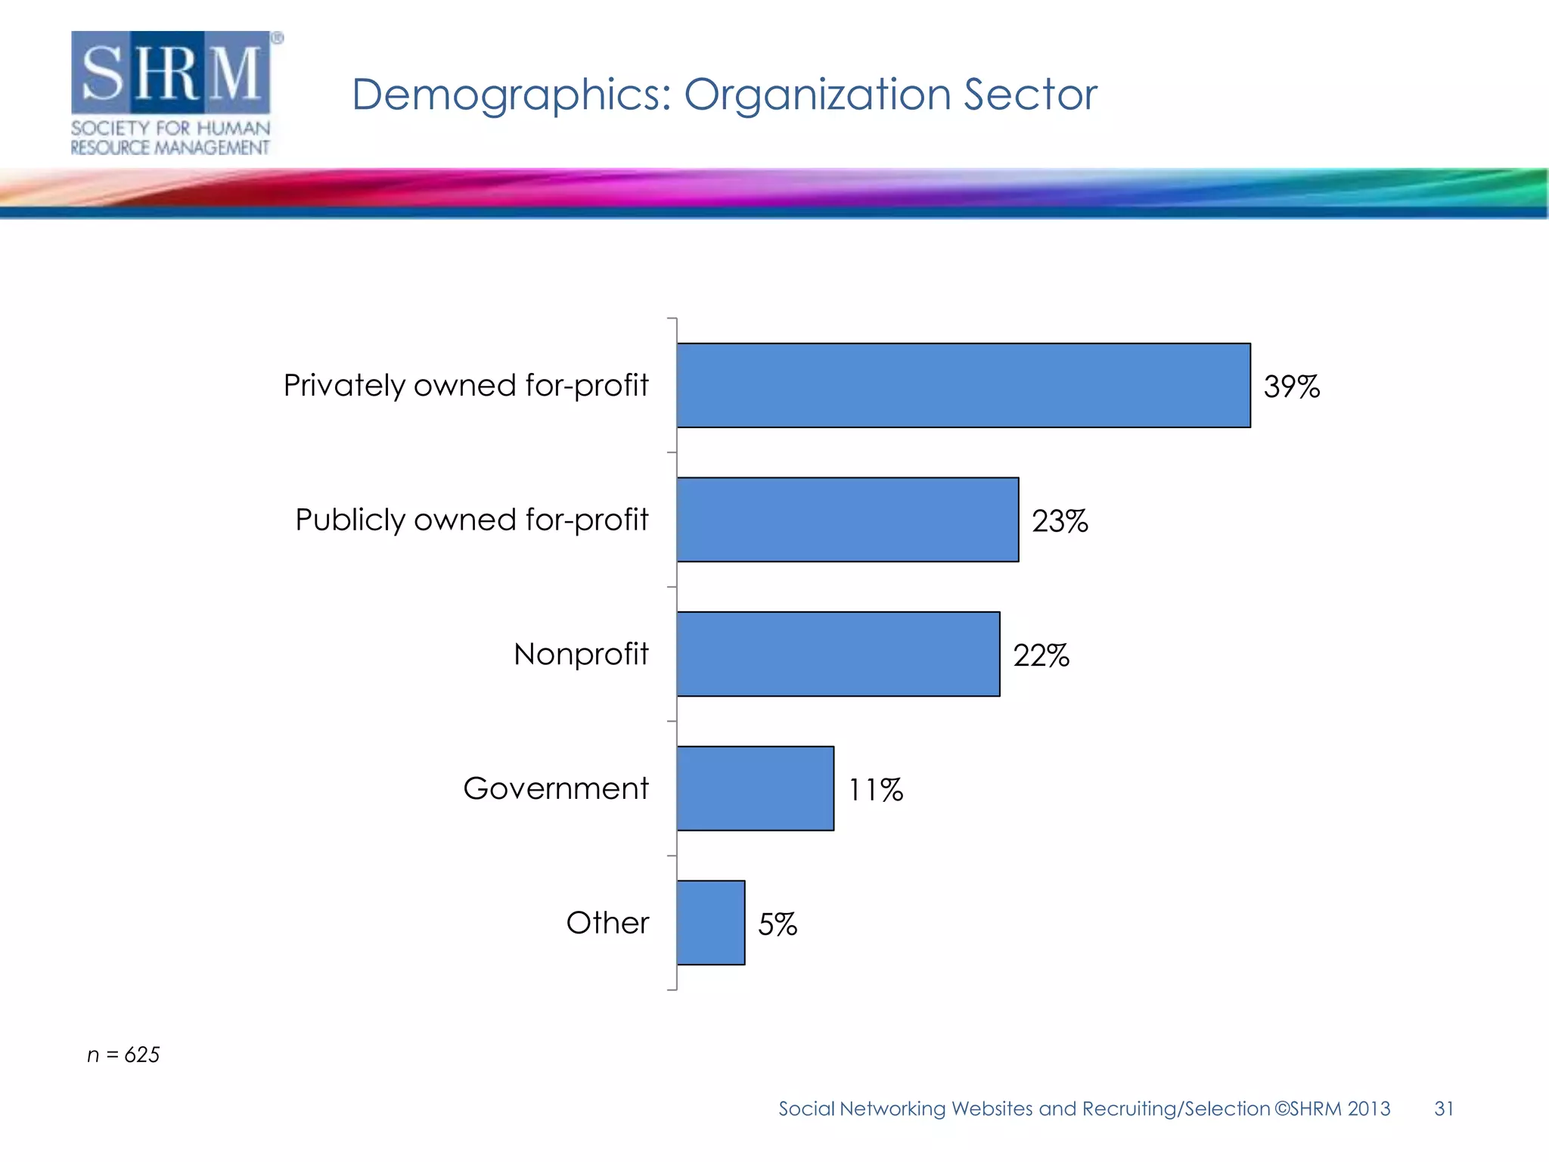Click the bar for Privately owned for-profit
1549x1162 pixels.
[963, 385]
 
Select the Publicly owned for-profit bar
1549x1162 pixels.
[847, 520]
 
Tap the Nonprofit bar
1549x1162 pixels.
[838, 654]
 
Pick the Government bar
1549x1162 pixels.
[755, 788]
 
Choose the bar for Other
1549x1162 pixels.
[710, 922]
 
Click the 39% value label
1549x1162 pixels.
[1291, 387]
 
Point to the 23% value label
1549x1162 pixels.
[1060, 521]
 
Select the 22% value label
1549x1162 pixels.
[1041, 655]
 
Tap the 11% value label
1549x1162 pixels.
[875, 790]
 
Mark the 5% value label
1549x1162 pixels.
[778, 924]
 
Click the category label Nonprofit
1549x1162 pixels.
[581, 654]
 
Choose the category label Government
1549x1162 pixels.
[556, 788]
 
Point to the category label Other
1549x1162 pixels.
[607, 923]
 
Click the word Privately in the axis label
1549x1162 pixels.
[344, 386]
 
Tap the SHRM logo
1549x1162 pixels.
[173, 92]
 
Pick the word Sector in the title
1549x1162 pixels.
[1029, 95]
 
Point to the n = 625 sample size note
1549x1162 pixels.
[123, 1055]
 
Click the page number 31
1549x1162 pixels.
[1443, 1108]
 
